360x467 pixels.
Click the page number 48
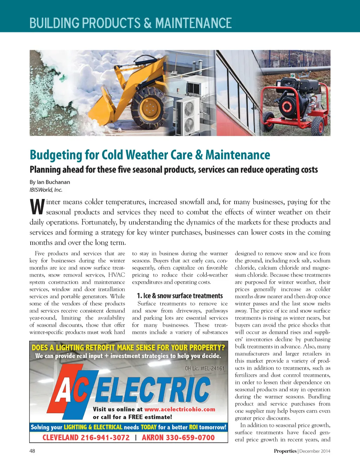[32, 451]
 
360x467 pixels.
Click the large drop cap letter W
[37, 207]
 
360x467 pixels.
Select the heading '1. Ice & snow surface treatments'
[180, 296]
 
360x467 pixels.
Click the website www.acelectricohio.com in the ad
[180, 409]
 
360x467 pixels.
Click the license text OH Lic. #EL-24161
[204, 368]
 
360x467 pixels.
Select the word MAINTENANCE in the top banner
[193, 23]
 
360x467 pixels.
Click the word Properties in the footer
[285, 451]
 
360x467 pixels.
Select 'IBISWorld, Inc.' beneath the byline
[46, 190]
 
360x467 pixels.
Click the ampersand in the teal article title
[199, 155]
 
